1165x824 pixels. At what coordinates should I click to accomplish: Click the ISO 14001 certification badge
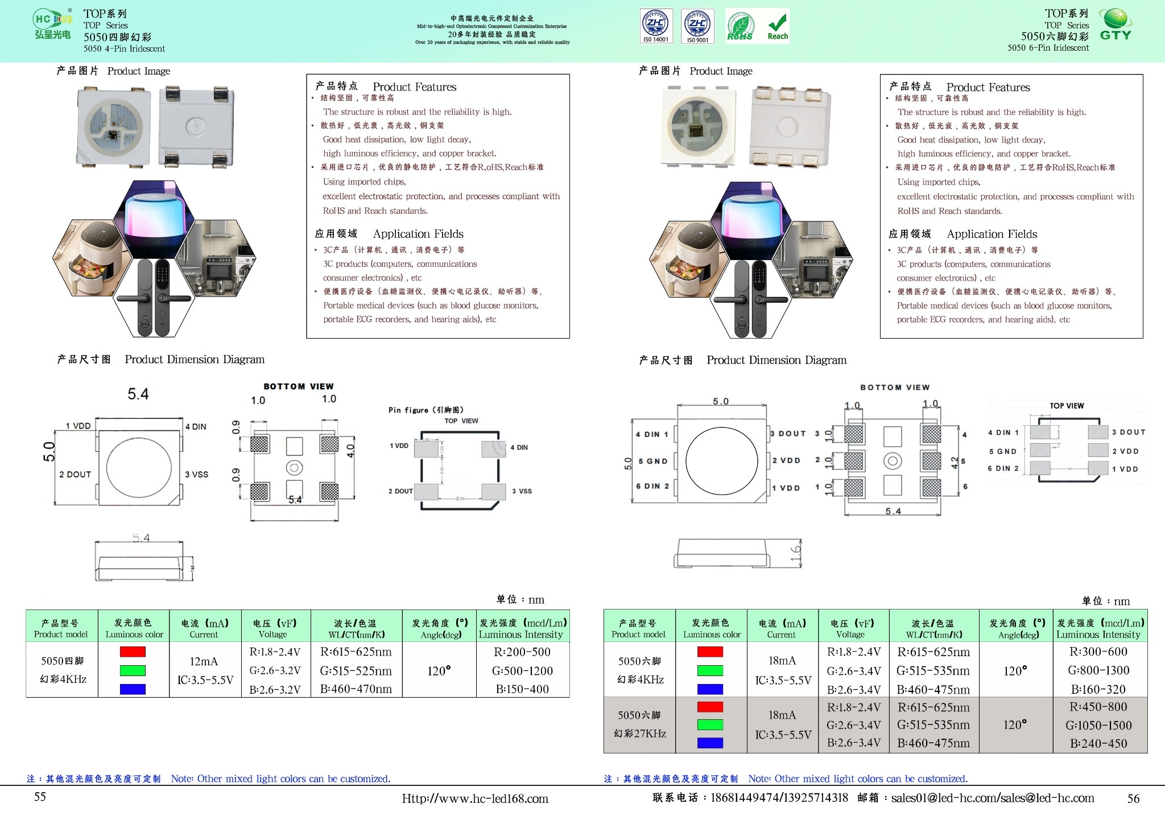tap(656, 26)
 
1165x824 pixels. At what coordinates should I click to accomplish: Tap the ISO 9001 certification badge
tap(698, 26)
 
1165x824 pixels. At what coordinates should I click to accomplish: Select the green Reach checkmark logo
tap(778, 26)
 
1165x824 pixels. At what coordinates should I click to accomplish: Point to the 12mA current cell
tap(204, 661)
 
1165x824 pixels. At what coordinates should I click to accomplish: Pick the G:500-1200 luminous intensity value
tap(522, 671)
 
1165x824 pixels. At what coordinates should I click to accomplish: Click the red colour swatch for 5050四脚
tap(133, 652)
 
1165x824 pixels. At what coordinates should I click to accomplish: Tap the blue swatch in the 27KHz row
tap(710, 743)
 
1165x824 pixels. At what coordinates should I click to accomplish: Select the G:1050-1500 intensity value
tap(1098, 726)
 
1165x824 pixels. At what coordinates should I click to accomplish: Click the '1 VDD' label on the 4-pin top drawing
tap(78, 426)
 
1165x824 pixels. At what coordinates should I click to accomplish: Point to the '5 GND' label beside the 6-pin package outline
tap(652, 461)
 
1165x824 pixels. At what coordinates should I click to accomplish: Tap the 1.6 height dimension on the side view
tap(795, 551)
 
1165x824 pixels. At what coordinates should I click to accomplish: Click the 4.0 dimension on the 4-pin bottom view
tap(350, 451)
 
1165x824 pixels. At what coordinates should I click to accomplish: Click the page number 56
tap(1133, 798)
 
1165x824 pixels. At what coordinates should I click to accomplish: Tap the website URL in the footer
tap(475, 799)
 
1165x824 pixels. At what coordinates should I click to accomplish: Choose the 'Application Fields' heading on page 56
tap(992, 234)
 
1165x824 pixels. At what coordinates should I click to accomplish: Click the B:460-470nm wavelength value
tap(356, 689)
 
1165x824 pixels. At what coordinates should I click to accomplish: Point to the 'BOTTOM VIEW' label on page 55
tap(299, 386)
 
